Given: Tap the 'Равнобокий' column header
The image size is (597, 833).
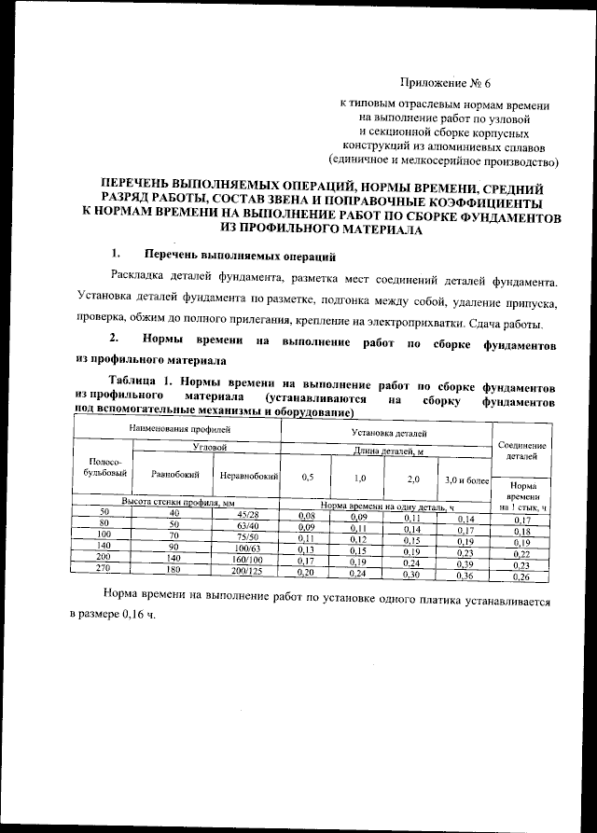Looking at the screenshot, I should pyautogui.click(x=173, y=475).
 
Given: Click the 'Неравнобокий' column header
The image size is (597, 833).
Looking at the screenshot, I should pyautogui.click(x=247, y=476).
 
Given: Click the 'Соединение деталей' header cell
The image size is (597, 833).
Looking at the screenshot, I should pyautogui.click(x=522, y=451).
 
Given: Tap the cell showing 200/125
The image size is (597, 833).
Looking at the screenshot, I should pyautogui.click(x=247, y=570).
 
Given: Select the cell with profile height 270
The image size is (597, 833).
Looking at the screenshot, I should pyautogui.click(x=104, y=568).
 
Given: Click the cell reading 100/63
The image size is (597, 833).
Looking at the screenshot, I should pyautogui.click(x=247, y=548).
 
